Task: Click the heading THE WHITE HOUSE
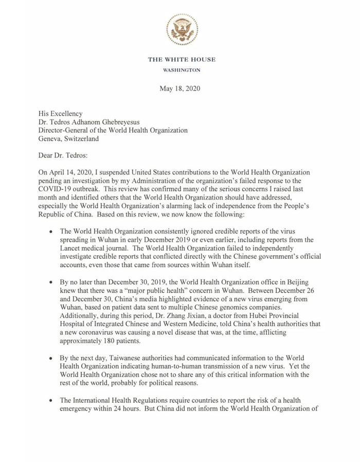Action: (182, 60)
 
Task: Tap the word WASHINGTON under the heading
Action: (182, 70)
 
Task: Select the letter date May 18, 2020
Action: (179, 88)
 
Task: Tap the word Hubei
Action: (253, 311)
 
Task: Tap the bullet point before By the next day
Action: (50, 358)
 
